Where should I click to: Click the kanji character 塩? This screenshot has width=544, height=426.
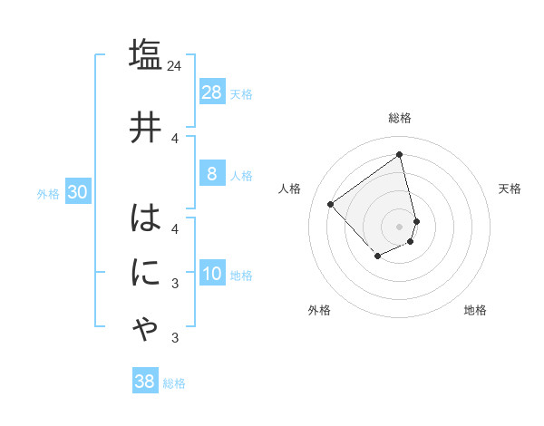click(x=145, y=55)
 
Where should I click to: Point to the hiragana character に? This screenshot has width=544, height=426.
click(x=145, y=272)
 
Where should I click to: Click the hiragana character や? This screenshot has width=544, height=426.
click(x=145, y=328)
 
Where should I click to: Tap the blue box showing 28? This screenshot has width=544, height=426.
click(x=212, y=92)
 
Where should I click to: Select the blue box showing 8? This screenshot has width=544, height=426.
click(x=212, y=174)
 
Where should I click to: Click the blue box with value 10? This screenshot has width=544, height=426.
click(x=212, y=274)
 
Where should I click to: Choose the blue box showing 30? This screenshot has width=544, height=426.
click(x=77, y=192)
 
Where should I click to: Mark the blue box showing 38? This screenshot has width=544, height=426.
click(x=145, y=382)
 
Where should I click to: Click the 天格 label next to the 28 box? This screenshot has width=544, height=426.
click(x=241, y=93)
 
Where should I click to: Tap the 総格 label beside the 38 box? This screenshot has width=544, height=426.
click(x=174, y=383)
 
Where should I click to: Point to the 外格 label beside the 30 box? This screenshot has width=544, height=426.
click(x=48, y=193)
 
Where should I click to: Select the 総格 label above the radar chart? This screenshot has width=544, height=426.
click(x=400, y=118)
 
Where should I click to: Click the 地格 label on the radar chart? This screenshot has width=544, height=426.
click(x=475, y=310)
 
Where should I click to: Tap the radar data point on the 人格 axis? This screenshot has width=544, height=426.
click(x=331, y=204)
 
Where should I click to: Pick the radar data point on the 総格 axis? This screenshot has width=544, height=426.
click(x=400, y=155)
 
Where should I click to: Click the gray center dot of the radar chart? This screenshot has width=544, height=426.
click(x=400, y=226)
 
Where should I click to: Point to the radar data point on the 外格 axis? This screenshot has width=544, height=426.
click(x=378, y=257)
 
